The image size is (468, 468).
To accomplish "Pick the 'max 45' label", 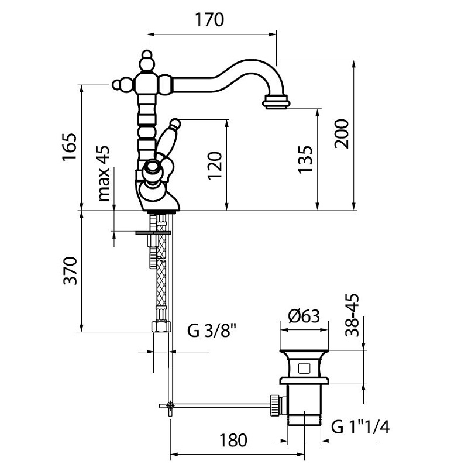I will (104, 174).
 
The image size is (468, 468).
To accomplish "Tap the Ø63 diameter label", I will (304, 316).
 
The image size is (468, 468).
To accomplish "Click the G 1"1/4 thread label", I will (360, 426).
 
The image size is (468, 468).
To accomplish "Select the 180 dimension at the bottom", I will (233, 440).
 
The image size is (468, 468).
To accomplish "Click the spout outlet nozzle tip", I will (276, 104).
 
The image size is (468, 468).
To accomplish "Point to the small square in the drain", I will (304, 369).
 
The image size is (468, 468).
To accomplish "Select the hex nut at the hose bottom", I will (160, 326).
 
